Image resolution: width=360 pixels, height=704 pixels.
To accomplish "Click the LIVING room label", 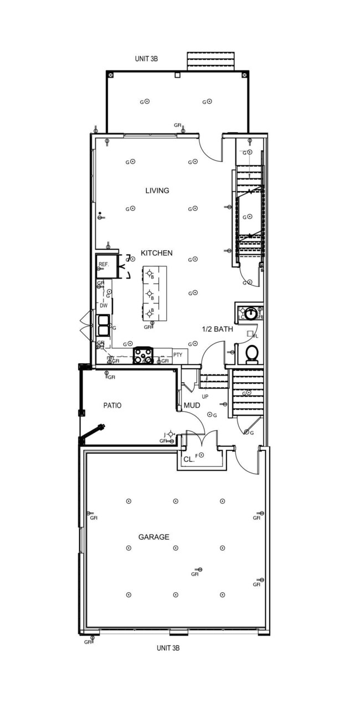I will pos(157,191).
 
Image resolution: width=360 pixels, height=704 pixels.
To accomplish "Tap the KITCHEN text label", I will pos(157,253).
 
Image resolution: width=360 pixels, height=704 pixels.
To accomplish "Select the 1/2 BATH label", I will pos(217,329).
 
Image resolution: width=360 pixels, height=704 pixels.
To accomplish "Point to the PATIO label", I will pos(112,405).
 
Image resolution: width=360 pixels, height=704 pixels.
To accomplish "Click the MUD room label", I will pos(192,405).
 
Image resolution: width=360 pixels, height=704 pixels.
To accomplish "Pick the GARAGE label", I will pos(153,537).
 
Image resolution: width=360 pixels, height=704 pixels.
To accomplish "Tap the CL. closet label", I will pos(188,459).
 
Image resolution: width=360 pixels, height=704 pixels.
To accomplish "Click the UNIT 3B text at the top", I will pos(147,58).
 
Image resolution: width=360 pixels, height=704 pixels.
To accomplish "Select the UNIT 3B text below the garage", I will pos(168,648).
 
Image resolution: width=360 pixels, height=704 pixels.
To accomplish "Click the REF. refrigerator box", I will pos(104,265).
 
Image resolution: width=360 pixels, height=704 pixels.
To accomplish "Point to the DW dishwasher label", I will pos(104,306).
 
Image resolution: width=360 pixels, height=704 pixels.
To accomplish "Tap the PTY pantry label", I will pos(178,354).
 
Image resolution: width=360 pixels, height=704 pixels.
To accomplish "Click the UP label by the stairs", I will pos(204,397).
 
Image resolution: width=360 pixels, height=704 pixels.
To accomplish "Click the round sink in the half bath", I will pos(250,314).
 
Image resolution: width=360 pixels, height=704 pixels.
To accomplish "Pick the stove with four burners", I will pos(143,355).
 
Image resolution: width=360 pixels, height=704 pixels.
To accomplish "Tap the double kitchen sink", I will pos(104,325).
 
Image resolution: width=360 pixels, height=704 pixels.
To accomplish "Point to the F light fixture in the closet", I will pos(201,455).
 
